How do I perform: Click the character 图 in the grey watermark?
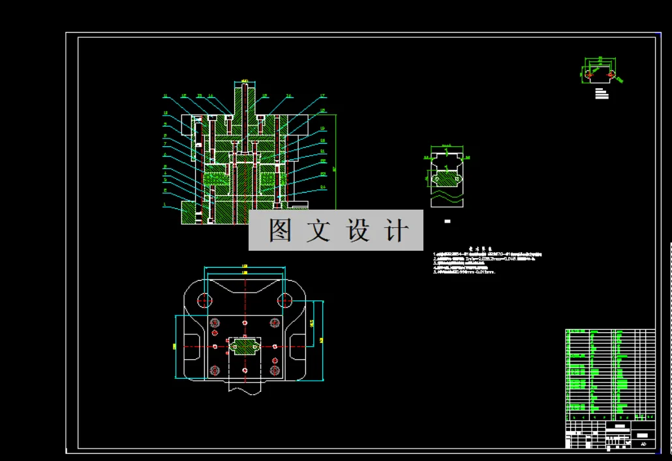[280, 230]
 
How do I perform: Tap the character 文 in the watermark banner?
[319, 230]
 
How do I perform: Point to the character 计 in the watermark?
[397, 230]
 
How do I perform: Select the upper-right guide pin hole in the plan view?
[284, 300]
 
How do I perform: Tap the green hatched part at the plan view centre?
[245, 346]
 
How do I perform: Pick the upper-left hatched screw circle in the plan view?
[214, 323]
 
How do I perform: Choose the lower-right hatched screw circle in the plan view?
[275, 370]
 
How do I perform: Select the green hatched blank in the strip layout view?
[446, 178]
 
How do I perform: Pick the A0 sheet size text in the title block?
[643, 444]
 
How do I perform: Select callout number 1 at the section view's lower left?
[165, 204]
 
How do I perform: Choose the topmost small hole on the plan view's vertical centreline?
[245, 323]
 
